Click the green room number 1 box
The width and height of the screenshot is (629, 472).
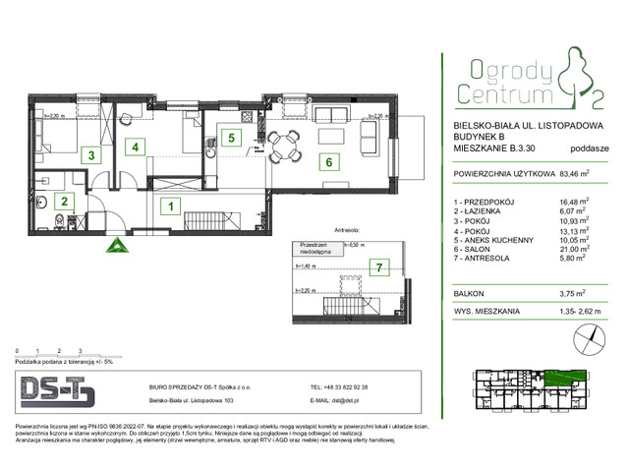pyautogui.click(x=170, y=206)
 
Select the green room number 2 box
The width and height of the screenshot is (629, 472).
pyautogui.click(x=64, y=202)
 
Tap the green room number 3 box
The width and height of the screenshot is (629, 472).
pyautogui.click(x=90, y=154)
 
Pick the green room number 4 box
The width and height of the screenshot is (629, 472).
pyautogui.click(x=139, y=147)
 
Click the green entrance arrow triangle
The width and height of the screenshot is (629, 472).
pyautogui.click(x=116, y=246)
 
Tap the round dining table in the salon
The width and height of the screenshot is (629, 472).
pyautogui.click(x=286, y=148)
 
